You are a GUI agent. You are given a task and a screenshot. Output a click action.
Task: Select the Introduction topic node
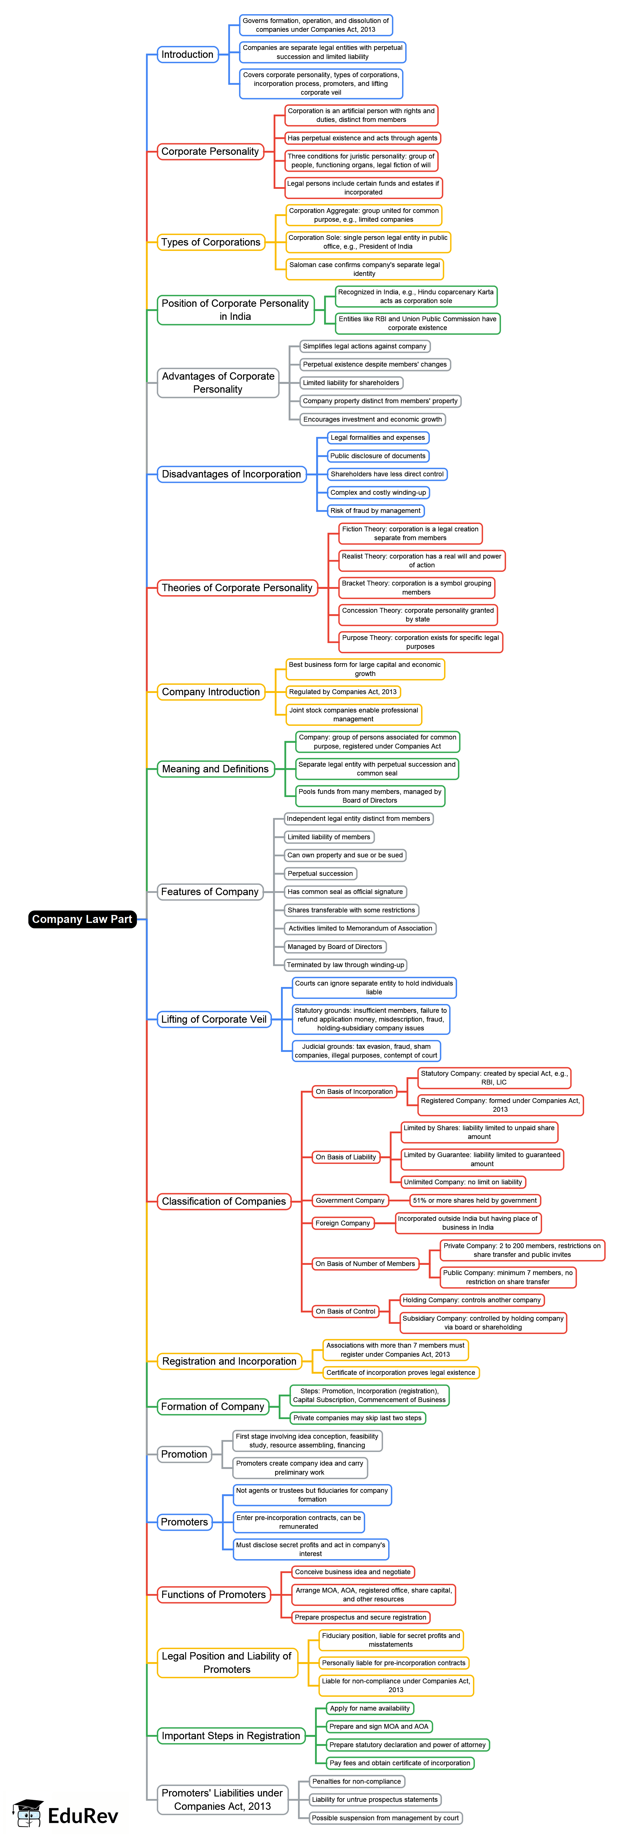point(187,54)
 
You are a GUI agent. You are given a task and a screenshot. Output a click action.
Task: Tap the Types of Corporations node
point(211,242)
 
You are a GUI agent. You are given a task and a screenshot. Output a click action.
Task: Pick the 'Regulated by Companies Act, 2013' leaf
point(343,692)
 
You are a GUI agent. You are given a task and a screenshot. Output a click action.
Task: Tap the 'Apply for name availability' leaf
point(370,1708)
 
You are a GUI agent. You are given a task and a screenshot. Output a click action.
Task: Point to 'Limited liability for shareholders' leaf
point(351,383)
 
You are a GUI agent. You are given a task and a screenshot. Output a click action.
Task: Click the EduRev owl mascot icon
point(27,1813)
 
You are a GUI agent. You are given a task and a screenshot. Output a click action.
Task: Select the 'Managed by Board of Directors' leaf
point(335,947)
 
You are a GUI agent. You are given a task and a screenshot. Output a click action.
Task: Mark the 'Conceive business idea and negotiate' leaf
point(353,1572)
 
